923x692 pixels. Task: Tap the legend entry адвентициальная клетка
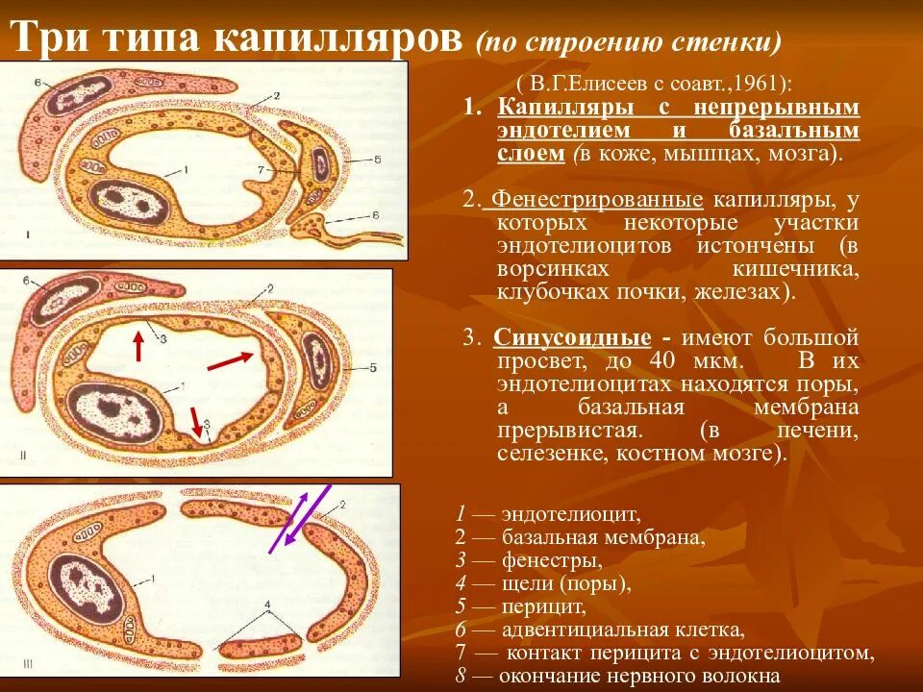pyautogui.click(x=621, y=630)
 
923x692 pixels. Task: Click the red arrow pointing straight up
pyautogui.click(x=138, y=345)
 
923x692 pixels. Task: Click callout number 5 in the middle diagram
pyautogui.click(x=372, y=368)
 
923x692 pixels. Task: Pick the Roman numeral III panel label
pyautogui.click(x=29, y=662)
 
